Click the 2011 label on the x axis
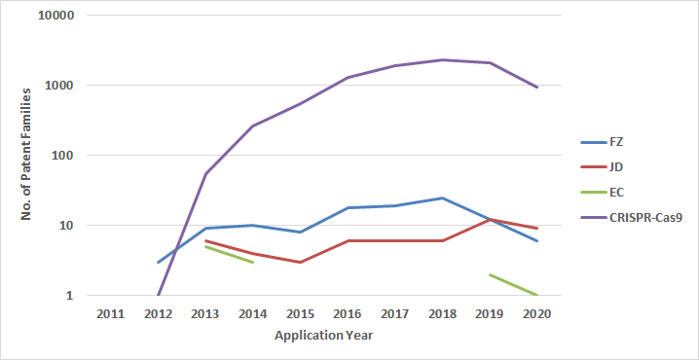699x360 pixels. [x=110, y=314]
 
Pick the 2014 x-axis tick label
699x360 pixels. [x=253, y=314]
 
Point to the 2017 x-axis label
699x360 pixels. [x=395, y=314]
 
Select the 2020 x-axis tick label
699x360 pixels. [x=537, y=314]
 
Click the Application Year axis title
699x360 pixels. [x=323, y=336]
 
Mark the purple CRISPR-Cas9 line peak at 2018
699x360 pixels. [x=443, y=60]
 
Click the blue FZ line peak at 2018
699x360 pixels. [x=443, y=198]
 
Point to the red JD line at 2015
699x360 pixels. [x=301, y=262]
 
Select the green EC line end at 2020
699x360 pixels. [x=537, y=295]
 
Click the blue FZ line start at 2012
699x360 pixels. [x=158, y=262]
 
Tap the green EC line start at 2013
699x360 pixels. [x=205, y=246]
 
